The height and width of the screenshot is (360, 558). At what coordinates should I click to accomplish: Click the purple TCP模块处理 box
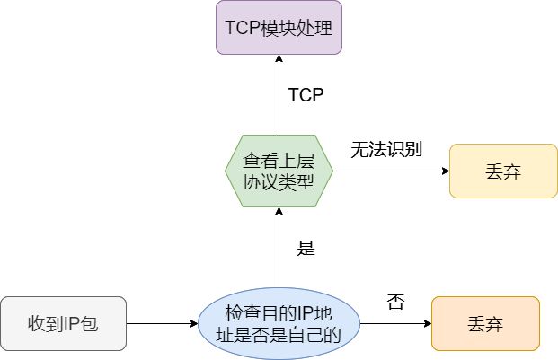(279, 27)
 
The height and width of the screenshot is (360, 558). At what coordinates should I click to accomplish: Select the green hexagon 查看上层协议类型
(279, 171)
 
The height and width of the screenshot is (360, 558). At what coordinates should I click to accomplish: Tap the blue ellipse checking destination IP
(279, 323)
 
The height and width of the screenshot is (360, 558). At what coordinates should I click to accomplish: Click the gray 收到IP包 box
(63, 324)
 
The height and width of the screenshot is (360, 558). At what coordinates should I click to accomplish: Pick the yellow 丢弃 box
(503, 171)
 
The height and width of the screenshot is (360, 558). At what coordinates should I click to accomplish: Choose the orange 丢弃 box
(485, 324)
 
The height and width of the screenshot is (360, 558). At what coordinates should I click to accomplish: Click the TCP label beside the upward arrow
(306, 95)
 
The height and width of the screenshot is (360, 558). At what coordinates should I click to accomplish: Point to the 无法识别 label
(386, 149)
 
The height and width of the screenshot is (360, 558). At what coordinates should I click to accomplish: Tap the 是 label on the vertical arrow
(306, 248)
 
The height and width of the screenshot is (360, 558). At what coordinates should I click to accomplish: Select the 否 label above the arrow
(395, 302)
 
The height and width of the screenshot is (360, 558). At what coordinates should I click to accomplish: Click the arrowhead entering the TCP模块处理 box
(279, 58)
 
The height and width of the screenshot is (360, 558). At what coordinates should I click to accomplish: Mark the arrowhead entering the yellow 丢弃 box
(446, 171)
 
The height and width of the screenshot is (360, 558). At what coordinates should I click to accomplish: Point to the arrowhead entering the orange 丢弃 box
(428, 324)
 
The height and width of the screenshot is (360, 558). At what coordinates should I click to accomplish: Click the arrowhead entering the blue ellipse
(194, 324)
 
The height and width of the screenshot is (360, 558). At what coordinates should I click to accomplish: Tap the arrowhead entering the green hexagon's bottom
(279, 211)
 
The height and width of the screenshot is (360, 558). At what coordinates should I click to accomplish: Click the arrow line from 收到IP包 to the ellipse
(162, 324)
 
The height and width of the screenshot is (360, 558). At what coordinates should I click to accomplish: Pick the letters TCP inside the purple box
(243, 27)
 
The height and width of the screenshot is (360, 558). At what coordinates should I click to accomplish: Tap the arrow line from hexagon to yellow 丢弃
(391, 171)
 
